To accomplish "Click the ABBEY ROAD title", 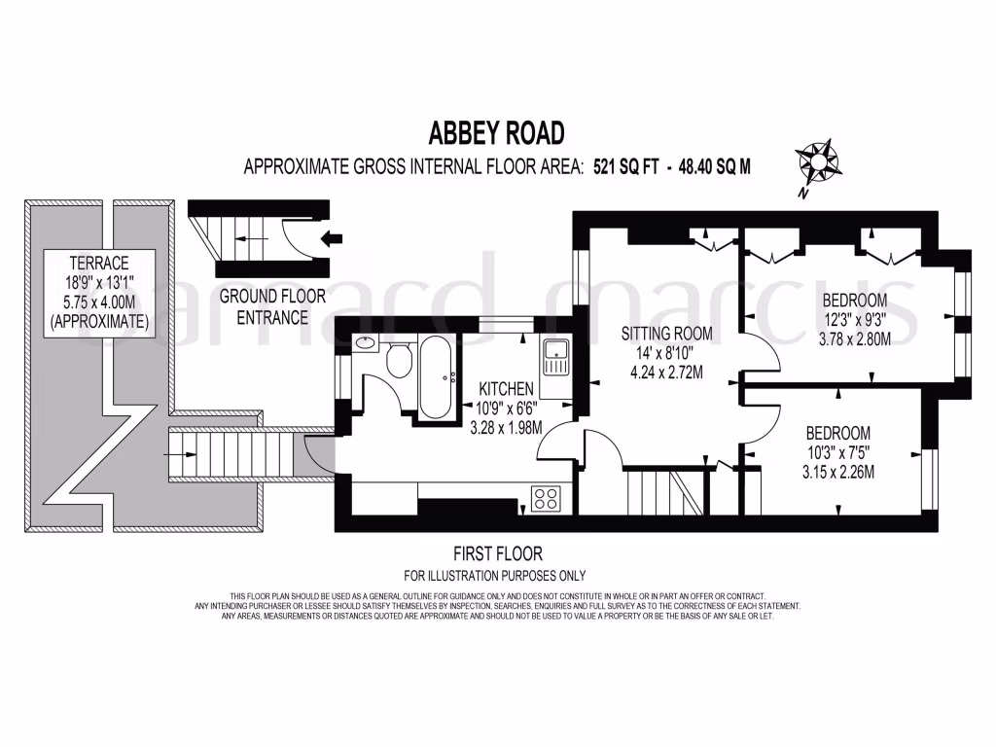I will (497, 132).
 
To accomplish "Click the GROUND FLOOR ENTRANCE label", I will (263, 305).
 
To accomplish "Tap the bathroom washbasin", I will (366, 342).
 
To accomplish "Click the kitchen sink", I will (553, 358).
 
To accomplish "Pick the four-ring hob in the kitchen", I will (546, 499).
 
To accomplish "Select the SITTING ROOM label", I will (667, 334).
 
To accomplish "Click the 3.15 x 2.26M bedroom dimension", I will (837, 474).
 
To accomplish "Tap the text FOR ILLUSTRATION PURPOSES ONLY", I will (495, 575).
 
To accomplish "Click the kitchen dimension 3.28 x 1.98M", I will (507, 428).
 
